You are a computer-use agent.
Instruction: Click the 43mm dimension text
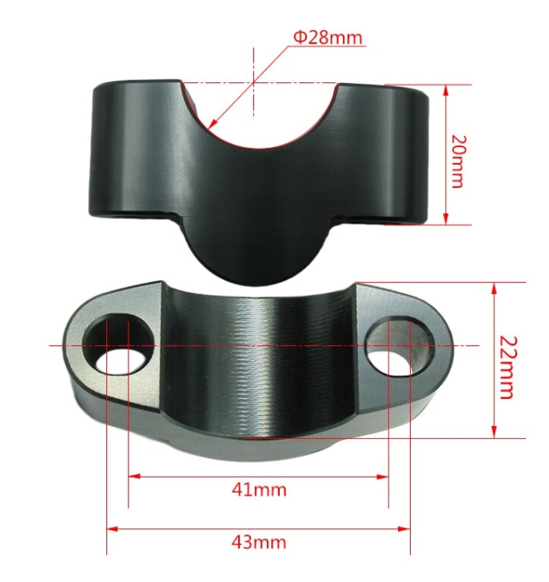[258, 541]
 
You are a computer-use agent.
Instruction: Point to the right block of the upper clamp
[384, 156]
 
